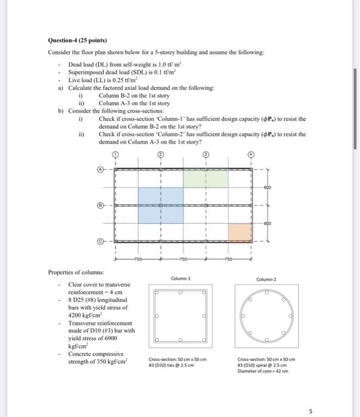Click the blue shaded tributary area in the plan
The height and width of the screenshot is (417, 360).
click(160, 205)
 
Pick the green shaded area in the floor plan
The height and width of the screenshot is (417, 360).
click(206, 178)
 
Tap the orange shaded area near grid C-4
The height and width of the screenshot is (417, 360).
click(240, 232)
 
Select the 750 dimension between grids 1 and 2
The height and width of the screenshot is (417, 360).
click(138, 260)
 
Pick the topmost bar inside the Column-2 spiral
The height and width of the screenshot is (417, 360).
click(266, 291)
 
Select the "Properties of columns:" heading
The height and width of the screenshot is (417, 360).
click(77, 272)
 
